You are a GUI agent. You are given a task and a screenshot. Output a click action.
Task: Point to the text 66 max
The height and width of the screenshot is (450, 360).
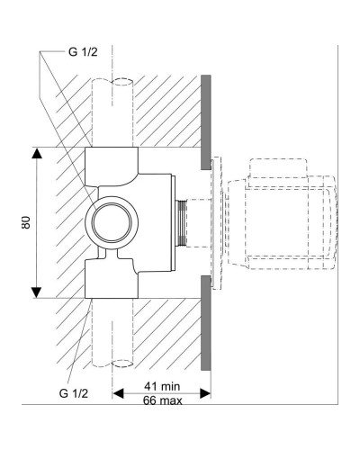[x=163, y=401]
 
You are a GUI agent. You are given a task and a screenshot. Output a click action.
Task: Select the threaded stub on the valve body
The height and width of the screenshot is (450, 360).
[x=184, y=222]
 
